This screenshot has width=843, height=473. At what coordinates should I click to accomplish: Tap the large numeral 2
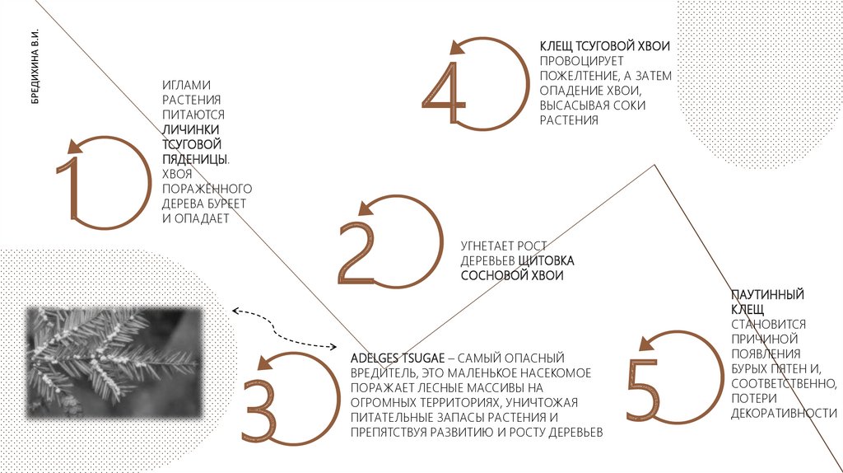pos(357,252)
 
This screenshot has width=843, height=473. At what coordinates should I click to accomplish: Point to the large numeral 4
pos(445,92)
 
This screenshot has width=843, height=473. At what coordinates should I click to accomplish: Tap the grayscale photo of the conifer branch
pos(114,363)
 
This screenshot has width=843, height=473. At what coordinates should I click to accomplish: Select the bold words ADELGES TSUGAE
pos(398,358)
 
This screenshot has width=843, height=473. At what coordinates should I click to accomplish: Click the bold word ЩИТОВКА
pos(547,261)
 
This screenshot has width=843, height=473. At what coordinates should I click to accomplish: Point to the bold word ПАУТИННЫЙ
pos(767,294)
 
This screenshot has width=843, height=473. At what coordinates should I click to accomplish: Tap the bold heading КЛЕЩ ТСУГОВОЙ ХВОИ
pos(605,46)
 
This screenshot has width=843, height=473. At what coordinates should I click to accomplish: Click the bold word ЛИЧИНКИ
pos(190,129)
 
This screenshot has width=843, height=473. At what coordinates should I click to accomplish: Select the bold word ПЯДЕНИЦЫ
pos(194,159)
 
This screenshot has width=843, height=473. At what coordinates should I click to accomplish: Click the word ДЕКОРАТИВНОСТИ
pos(784,414)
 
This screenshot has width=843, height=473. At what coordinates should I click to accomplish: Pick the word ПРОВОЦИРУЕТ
pos(582,61)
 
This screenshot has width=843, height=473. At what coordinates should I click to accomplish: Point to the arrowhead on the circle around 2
pos(366,207)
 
